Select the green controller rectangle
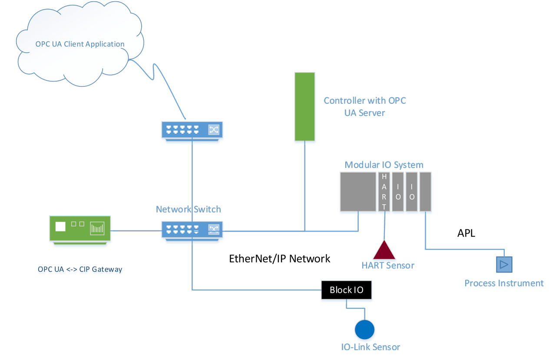(x=304, y=107)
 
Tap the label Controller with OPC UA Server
(x=364, y=106)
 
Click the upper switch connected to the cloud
(x=192, y=130)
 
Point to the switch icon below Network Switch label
(x=192, y=229)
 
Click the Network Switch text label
(x=188, y=209)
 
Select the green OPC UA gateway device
(x=80, y=229)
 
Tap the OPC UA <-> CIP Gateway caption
(x=80, y=269)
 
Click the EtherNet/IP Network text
(x=280, y=259)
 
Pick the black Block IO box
(x=346, y=290)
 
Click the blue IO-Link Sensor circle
(x=364, y=329)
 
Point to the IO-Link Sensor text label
(x=371, y=347)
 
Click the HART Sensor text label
(x=388, y=265)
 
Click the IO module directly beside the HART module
(x=398, y=192)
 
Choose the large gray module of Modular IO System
(x=358, y=192)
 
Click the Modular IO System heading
(x=384, y=165)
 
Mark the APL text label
(x=466, y=233)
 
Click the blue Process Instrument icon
(x=504, y=264)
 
